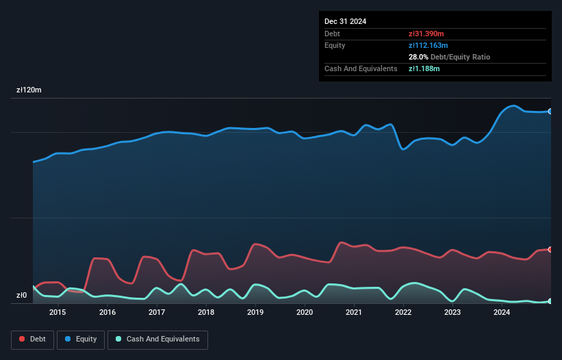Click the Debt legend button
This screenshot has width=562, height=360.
tap(31, 339)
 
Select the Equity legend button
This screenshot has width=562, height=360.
tap(81, 339)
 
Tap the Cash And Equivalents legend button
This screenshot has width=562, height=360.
tap(157, 339)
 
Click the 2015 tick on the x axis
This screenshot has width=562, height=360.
tap(58, 313)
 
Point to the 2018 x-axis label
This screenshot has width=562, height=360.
tap(206, 313)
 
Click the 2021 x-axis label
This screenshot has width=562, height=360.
tap(354, 313)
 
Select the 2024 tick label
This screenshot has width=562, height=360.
tap(502, 313)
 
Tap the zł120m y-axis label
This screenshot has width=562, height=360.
tap(29, 90)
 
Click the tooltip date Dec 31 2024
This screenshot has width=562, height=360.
tap(346, 21)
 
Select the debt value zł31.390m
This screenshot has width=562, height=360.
tap(428, 34)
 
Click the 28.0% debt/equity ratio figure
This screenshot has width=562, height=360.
tap(418, 57)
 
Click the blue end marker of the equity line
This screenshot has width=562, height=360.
tap(550, 111)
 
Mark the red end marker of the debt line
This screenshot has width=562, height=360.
tap(550, 249)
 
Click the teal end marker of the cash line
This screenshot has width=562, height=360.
tap(550, 301)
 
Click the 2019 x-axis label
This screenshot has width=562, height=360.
tap(255, 313)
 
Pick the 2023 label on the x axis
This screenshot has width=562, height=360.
tap(452, 313)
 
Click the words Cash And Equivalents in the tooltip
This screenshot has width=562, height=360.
tap(361, 68)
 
